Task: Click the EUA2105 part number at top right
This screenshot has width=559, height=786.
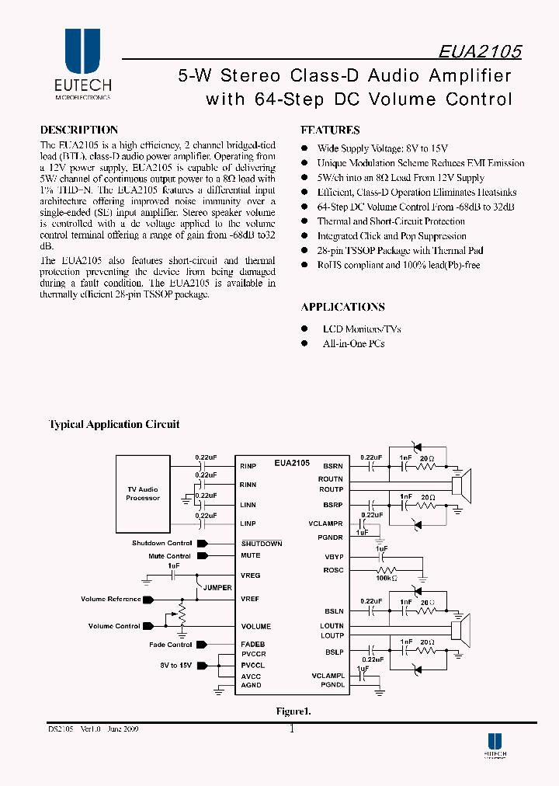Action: [480, 51]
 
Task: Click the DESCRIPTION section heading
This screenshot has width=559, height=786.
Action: [78, 130]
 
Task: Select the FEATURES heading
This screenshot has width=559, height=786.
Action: [330, 130]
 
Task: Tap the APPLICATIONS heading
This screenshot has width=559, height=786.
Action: [342, 307]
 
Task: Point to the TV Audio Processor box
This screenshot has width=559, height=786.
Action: [143, 494]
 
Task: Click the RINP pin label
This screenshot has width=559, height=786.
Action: [248, 466]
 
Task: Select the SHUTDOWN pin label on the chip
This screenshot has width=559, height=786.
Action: [261, 544]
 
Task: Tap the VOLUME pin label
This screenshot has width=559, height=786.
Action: [255, 626]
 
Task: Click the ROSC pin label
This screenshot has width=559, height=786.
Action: [333, 570]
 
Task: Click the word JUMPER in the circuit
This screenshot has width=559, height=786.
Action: [217, 588]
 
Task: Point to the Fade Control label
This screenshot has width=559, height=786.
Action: [170, 645]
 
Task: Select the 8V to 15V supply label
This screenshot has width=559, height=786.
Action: [176, 665]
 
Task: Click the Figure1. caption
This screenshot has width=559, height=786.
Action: [293, 711]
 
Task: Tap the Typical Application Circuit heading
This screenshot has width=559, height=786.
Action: [114, 425]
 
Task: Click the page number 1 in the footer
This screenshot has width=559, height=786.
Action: [292, 729]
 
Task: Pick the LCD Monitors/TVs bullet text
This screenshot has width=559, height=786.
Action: [362, 329]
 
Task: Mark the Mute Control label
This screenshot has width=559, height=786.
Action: [169, 556]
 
